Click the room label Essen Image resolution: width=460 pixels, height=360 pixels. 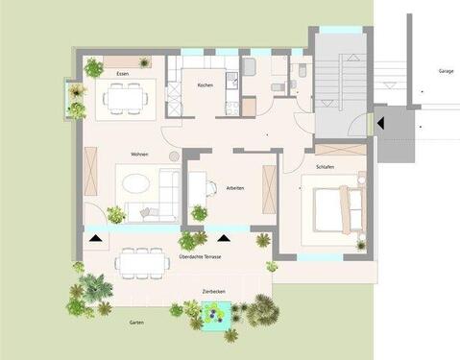[x=123, y=74]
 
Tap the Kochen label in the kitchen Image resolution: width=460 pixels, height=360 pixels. [x=205, y=86]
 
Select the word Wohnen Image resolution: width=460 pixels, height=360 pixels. [x=139, y=154]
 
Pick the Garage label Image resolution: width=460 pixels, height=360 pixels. [x=446, y=70]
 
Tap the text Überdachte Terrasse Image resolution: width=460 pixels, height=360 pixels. [x=201, y=257]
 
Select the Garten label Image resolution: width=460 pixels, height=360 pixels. [x=137, y=323]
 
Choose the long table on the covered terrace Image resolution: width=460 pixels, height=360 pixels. [x=140, y=260]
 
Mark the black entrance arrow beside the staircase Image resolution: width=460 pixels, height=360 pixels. [x=381, y=123]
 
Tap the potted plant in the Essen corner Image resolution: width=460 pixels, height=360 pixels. [x=93, y=67]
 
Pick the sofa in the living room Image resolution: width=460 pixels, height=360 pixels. [x=169, y=192]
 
